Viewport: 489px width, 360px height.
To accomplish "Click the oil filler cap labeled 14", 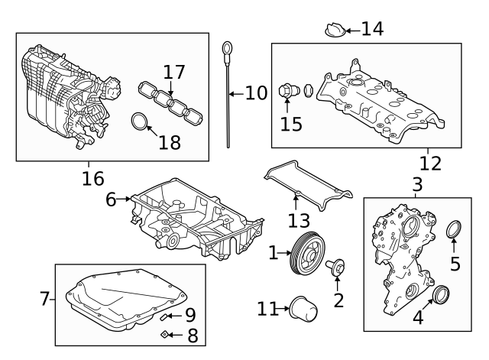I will tap(333, 31).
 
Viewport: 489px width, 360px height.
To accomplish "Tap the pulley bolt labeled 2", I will tap(335, 268).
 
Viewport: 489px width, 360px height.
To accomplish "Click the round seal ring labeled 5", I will tap(454, 229).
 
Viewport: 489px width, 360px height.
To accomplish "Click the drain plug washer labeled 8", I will tap(164, 334).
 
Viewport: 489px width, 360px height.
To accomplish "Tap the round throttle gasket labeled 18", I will tap(140, 122).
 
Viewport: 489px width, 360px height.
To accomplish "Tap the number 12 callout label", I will tap(431, 163).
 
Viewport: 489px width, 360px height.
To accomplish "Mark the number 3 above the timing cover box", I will tap(416, 184).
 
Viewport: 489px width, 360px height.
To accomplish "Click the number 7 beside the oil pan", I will tap(44, 299).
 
